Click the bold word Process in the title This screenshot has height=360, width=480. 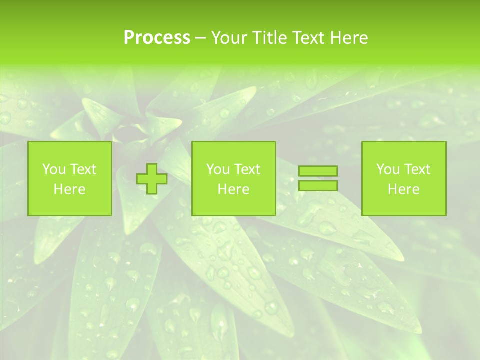tap(157, 38)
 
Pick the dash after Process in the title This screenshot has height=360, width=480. tap(200, 38)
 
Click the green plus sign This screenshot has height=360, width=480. tap(152, 179)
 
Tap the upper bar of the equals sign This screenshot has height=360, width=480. tap(318, 171)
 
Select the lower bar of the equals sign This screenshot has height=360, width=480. tap(318, 186)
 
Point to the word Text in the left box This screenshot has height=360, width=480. tap(82, 169)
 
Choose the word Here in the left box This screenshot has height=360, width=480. tap(69, 189)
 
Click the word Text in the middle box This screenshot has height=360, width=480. tap(246, 169)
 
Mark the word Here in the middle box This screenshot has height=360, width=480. tap(233, 189)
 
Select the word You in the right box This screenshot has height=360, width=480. tap(388, 169)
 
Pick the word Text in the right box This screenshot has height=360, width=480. tap(416, 169)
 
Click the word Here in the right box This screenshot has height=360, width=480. tap(403, 189)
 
